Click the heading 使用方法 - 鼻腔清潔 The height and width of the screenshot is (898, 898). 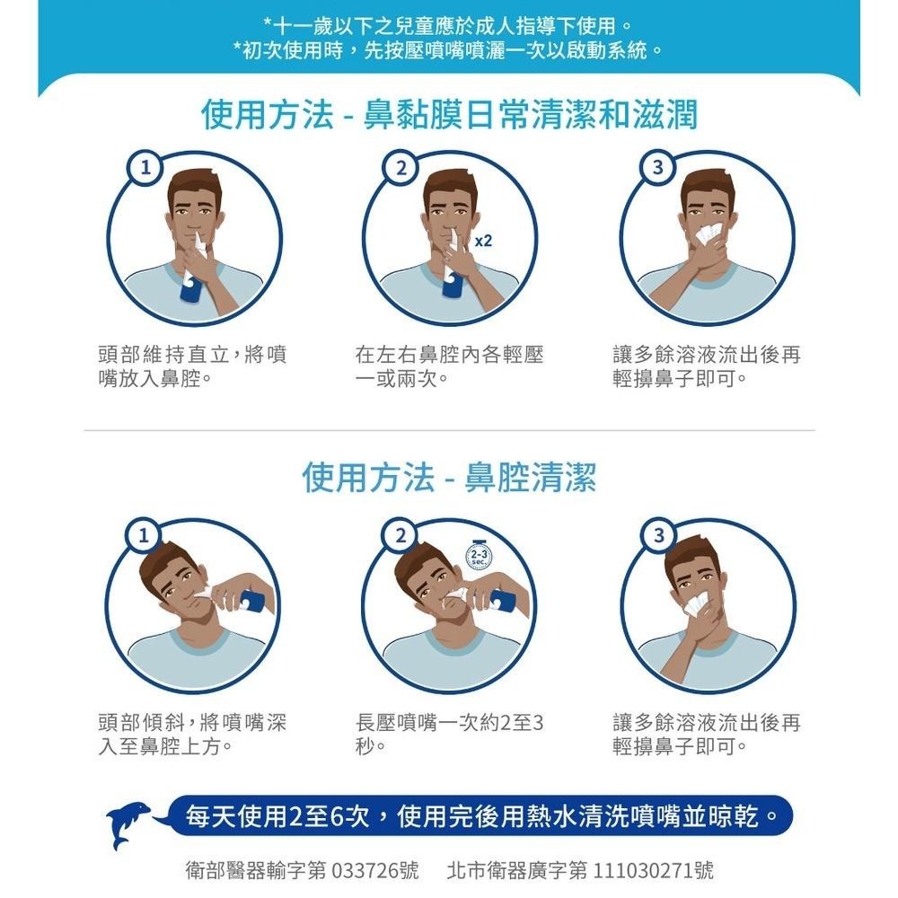click(449, 478)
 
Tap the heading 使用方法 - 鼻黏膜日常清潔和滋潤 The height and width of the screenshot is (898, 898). click(449, 114)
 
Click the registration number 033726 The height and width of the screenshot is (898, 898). click(365, 870)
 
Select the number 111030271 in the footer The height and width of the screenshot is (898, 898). click(646, 870)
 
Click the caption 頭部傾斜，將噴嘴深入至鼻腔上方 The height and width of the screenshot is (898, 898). click(192, 734)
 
